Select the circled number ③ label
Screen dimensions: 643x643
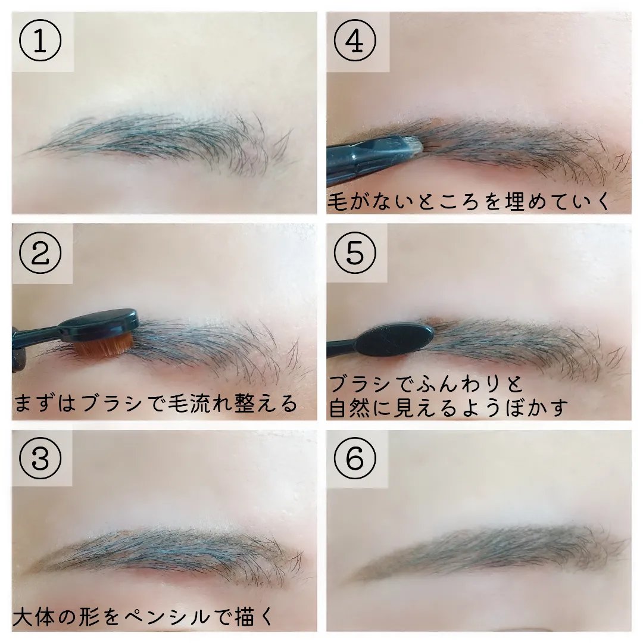click(41, 458)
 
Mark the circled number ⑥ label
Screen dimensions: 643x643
click(356, 458)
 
